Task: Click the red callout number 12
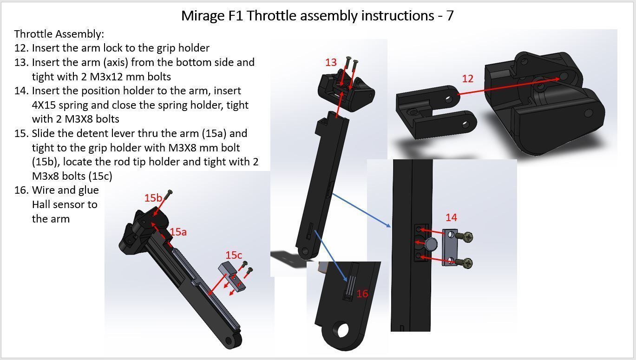(467, 79)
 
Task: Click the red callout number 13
(331, 62)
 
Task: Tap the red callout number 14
(451, 217)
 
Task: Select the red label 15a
(178, 232)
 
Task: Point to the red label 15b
(153, 198)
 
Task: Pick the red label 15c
(234, 255)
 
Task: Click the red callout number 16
(362, 294)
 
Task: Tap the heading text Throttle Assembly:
(59, 34)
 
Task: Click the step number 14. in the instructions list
(21, 91)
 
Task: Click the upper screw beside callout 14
(466, 237)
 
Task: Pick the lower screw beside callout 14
(466, 263)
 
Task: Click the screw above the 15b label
(169, 193)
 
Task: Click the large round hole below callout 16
(343, 330)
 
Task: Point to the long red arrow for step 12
(509, 86)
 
